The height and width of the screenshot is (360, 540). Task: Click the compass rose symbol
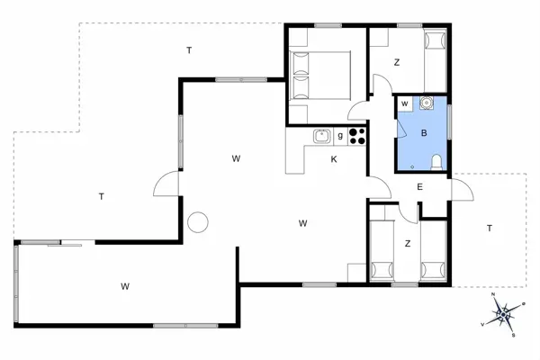(505, 314)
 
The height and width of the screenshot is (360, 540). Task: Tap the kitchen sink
(321, 137)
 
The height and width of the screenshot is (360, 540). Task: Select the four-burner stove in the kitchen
(357, 137)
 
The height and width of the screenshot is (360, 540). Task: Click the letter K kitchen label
(333, 159)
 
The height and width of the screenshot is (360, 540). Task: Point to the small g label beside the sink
(340, 135)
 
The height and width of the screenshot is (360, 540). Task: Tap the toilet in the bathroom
(436, 161)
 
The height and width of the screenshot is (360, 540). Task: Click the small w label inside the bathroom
(406, 104)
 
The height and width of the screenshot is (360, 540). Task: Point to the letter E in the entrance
(419, 187)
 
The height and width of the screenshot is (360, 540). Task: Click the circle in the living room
(198, 221)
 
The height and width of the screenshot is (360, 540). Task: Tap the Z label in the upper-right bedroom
(397, 62)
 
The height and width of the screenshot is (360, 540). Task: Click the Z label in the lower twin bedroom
(408, 243)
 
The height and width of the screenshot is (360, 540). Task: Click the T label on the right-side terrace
(490, 228)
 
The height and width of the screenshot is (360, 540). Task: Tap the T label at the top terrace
(189, 50)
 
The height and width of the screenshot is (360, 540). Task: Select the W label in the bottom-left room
(124, 286)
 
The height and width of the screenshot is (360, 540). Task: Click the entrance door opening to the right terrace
(461, 192)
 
